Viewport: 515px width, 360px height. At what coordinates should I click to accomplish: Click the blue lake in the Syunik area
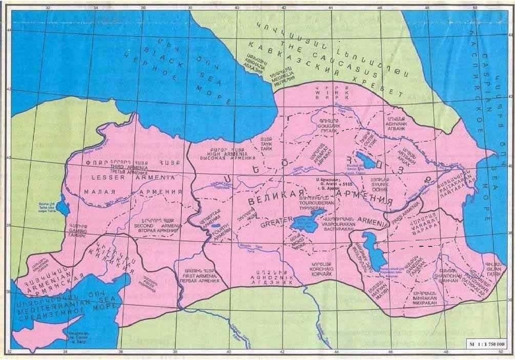point(367,157)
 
